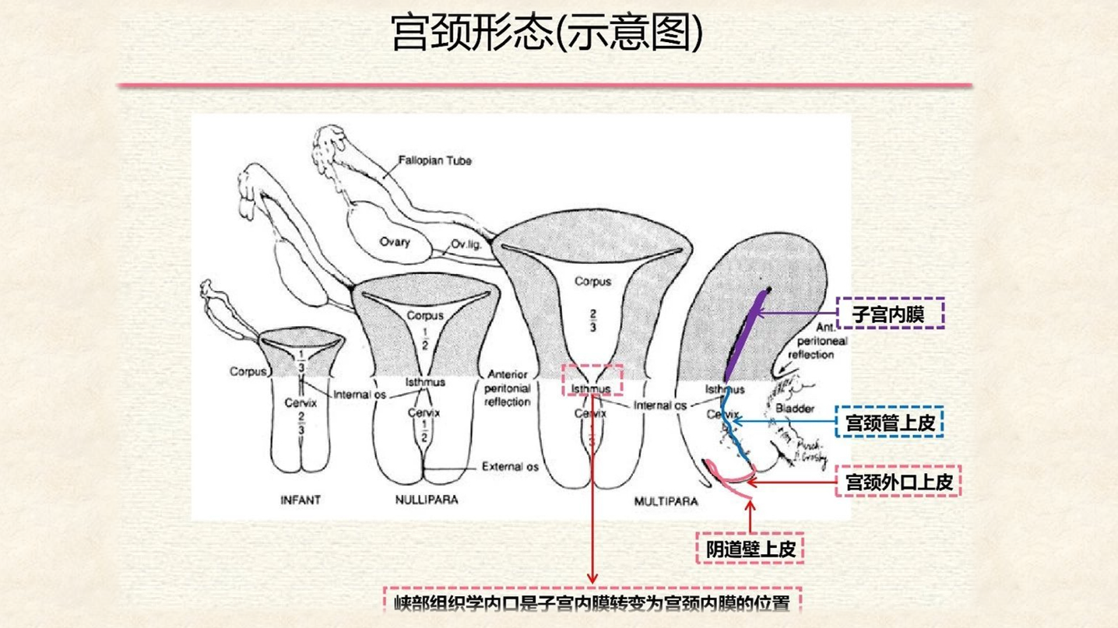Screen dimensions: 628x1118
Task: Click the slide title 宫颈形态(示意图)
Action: tap(547, 33)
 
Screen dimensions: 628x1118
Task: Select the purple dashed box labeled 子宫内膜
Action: tap(890, 314)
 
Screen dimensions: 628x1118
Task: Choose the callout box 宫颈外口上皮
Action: tap(898, 482)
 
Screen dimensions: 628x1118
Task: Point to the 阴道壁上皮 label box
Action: tap(750, 549)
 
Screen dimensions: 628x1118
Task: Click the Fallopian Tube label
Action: tap(434, 161)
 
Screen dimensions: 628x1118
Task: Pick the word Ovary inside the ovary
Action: tap(395, 241)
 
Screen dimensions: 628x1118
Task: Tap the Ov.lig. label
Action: tap(467, 245)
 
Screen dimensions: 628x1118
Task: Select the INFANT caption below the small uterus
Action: tap(301, 500)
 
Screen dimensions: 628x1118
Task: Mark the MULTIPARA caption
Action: tap(666, 502)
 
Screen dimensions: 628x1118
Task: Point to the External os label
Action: tap(510, 467)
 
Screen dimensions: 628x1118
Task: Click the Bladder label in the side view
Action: tap(795, 408)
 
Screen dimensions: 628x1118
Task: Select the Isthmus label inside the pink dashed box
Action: tap(591, 388)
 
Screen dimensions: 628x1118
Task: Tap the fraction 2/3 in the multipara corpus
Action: tap(592, 320)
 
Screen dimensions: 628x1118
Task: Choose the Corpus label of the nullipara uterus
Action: tap(425, 316)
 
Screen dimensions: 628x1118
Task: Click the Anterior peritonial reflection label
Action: tap(508, 388)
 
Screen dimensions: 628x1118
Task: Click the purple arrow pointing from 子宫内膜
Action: tap(794, 314)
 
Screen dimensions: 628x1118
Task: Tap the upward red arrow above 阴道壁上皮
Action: tap(751, 514)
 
